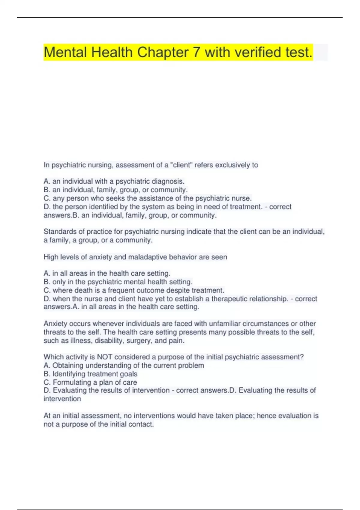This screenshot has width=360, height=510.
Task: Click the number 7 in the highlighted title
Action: pos(196,52)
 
